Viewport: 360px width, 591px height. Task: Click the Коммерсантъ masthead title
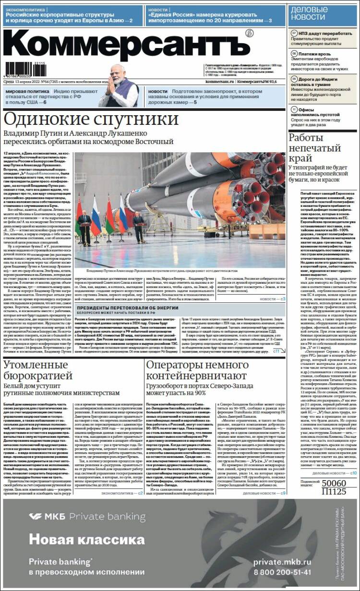coord(127,44)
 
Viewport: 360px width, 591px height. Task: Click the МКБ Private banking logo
coord(86,517)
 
